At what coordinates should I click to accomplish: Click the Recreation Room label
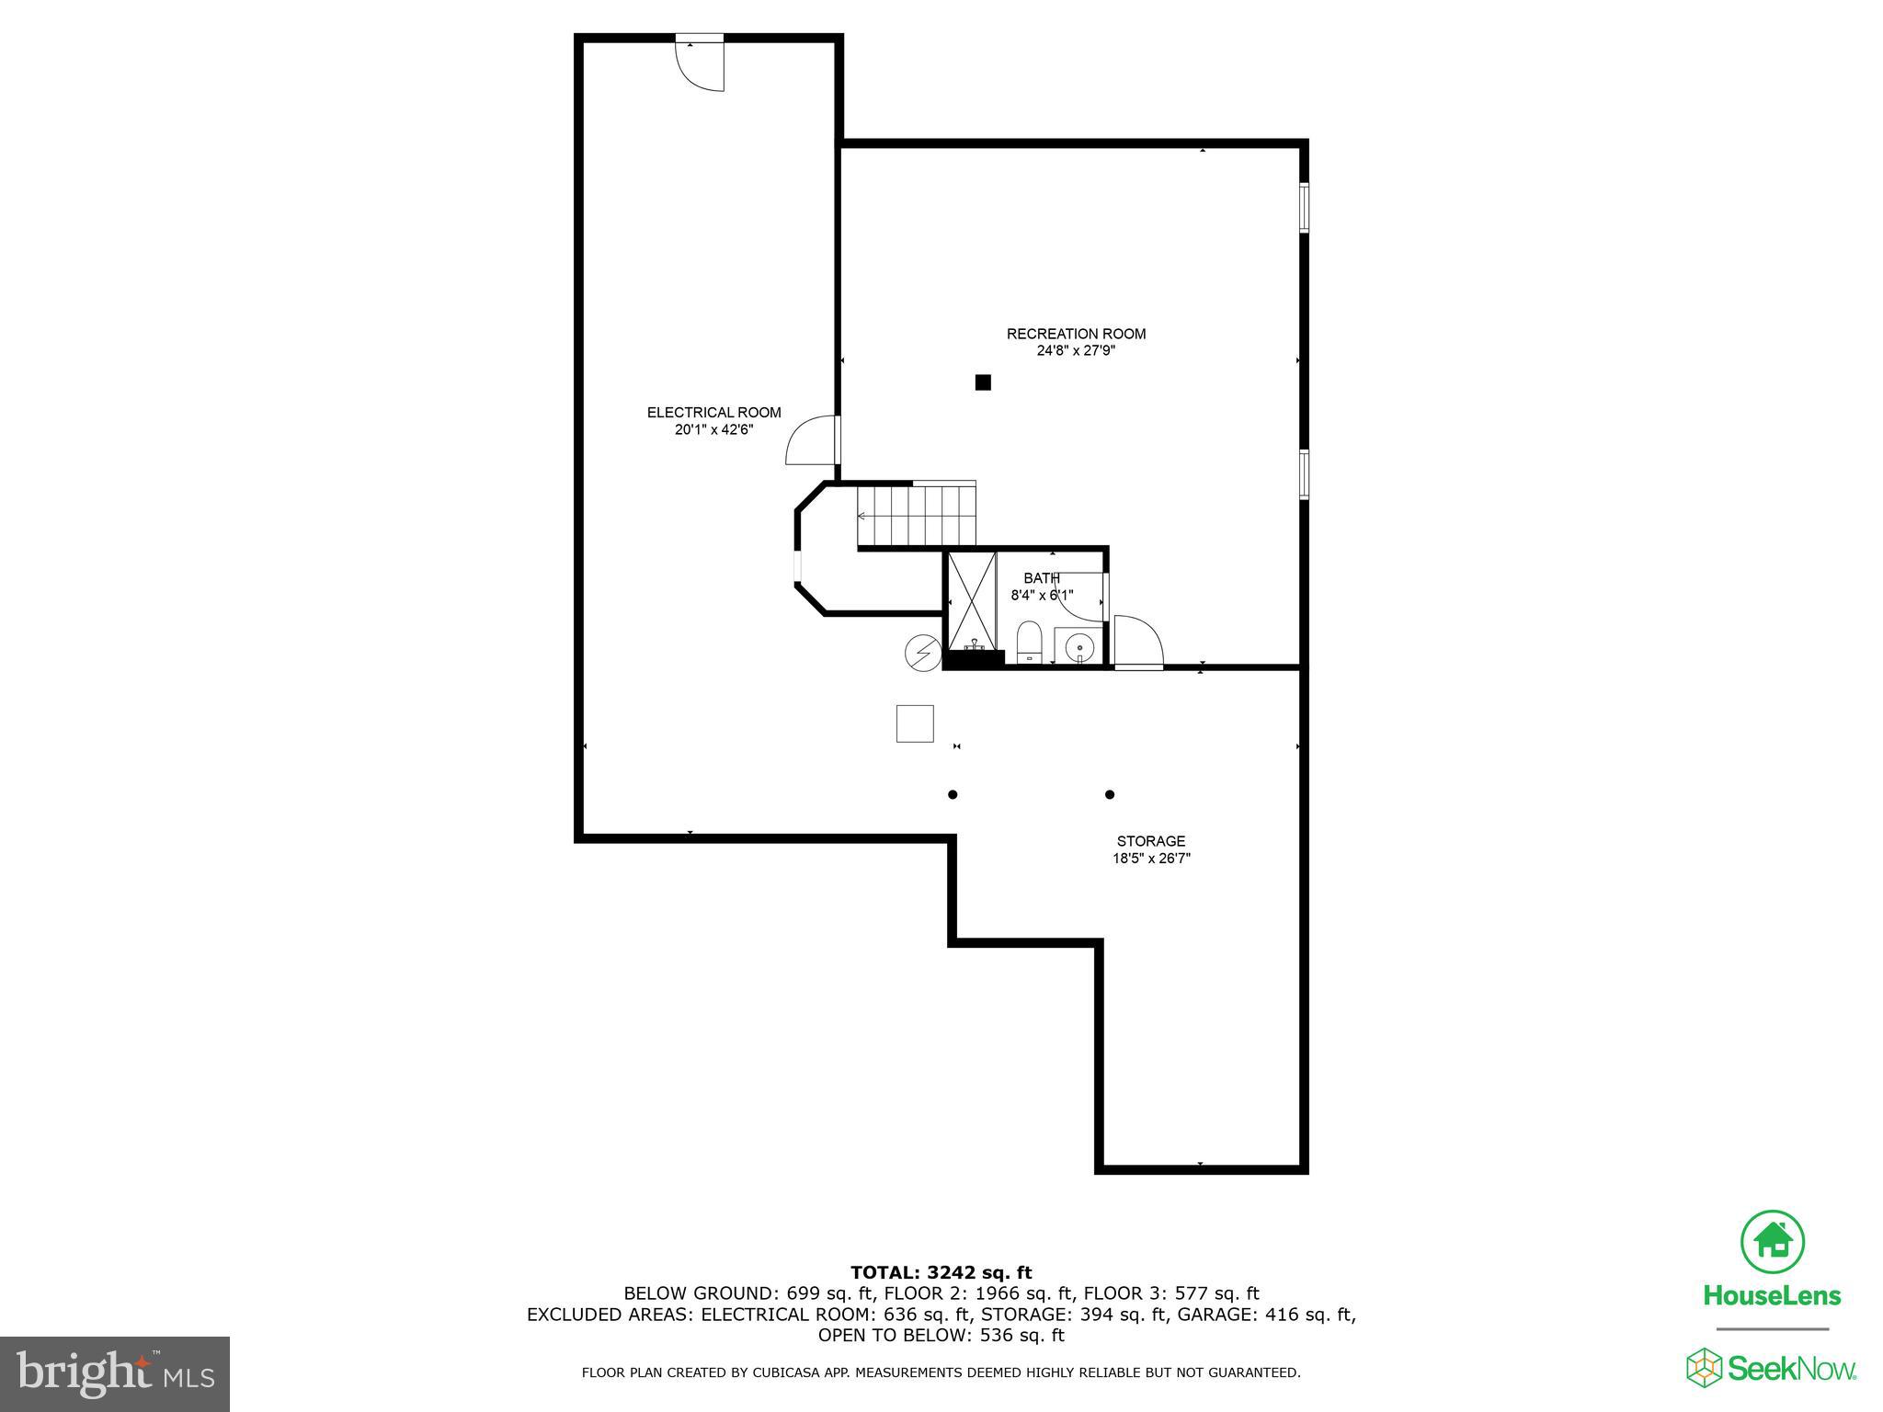coord(1076,334)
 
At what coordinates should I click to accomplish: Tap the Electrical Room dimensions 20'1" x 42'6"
coord(713,429)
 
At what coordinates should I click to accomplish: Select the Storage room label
coord(1150,841)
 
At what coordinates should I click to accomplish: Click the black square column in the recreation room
coord(983,382)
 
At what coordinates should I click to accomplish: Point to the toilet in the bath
coord(1029,641)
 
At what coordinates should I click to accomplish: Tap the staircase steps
coord(917,517)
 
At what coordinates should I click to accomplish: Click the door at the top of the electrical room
coord(701,63)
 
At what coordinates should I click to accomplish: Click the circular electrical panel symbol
coord(922,653)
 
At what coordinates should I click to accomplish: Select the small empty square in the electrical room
coord(915,723)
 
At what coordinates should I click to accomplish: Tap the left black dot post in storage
coord(953,794)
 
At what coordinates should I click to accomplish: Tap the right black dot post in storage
coord(1110,794)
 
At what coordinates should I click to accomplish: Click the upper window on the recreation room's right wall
coord(1304,207)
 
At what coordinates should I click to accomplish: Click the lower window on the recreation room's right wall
coord(1304,473)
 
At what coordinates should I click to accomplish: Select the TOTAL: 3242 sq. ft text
coord(941,1272)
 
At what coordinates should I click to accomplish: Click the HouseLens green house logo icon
coord(1772,1242)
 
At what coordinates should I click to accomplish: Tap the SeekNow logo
coord(1771,1368)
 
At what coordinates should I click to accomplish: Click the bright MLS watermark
coord(115,1373)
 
